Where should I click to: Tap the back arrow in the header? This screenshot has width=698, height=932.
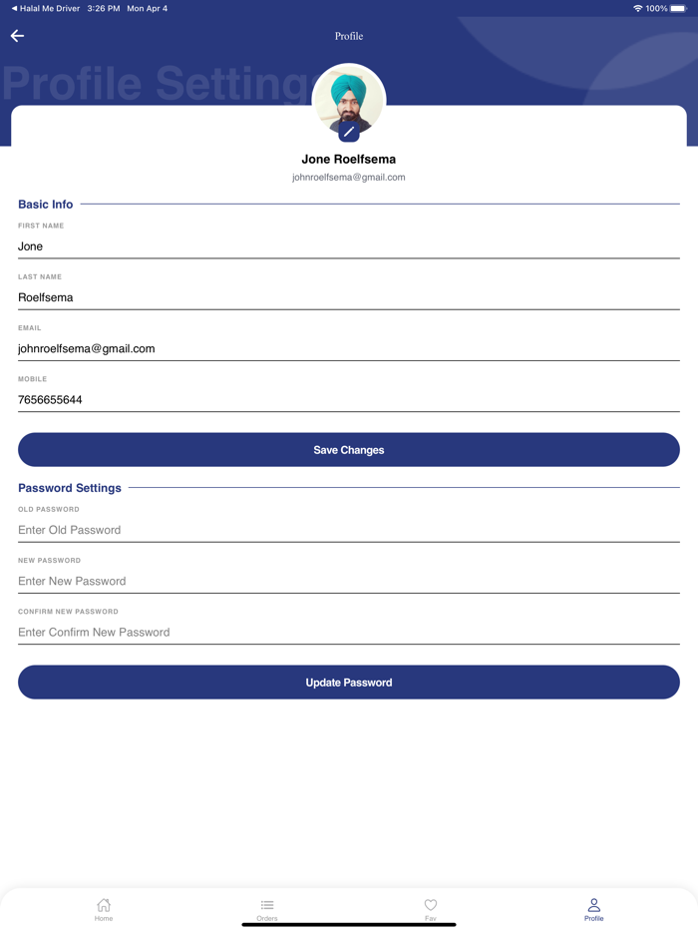tap(17, 36)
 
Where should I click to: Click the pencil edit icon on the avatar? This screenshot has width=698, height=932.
tap(349, 132)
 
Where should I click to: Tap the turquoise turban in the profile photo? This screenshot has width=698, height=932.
tap(348, 89)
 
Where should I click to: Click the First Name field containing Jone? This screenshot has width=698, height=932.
tap(348, 246)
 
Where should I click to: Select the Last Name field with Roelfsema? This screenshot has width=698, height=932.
tap(348, 297)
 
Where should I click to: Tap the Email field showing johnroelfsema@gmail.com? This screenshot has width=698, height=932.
tap(348, 348)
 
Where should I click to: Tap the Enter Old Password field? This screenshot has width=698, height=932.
tap(348, 530)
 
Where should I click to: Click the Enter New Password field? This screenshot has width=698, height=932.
tap(348, 581)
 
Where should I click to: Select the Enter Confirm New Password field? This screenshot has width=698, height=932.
tap(348, 632)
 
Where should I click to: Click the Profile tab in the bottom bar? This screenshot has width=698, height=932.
tap(594, 908)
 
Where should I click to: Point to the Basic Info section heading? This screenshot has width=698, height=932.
tap(46, 205)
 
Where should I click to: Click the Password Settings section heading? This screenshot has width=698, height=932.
tap(70, 488)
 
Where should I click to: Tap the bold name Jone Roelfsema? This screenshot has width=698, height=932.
tap(349, 159)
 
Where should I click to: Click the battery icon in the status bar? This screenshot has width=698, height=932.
tap(678, 9)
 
